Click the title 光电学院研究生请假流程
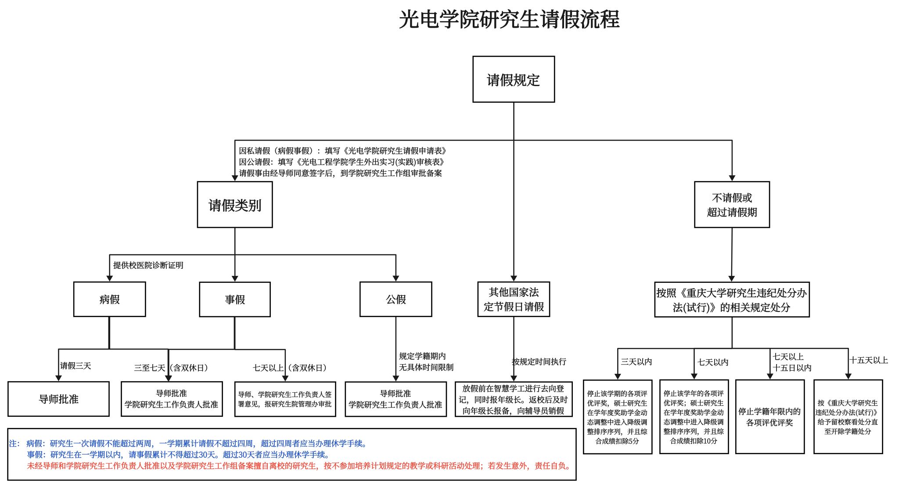(x=509, y=20)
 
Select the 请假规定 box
(x=513, y=80)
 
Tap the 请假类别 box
(x=234, y=205)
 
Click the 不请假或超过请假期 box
(x=731, y=205)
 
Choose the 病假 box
(x=109, y=299)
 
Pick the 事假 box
(x=234, y=299)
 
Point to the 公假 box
(x=396, y=299)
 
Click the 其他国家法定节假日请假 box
(x=513, y=299)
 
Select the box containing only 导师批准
(x=58, y=399)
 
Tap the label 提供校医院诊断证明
(x=148, y=265)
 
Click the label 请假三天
(x=76, y=366)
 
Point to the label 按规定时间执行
(x=539, y=361)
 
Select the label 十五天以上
(x=868, y=360)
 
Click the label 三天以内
(x=636, y=361)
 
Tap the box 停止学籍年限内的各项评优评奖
(x=770, y=417)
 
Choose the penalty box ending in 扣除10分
(x=694, y=417)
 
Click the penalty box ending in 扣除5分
(x=617, y=417)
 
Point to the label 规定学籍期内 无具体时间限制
(x=425, y=361)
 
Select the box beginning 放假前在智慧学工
(x=513, y=399)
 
